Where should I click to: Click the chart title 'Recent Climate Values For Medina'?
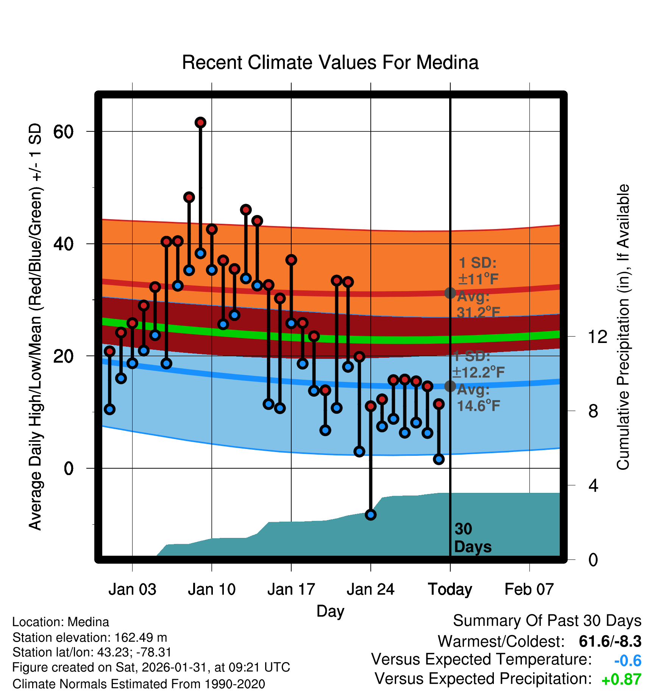(x=330, y=62)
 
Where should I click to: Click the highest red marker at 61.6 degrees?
(x=200, y=122)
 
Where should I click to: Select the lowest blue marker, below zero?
(x=371, y=514)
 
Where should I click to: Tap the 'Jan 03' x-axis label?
(x=132, y=589)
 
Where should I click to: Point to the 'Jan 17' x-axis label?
(x=291, y=589)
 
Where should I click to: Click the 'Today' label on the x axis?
(x=450, y=589)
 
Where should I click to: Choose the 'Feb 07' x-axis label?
(x=529, y=589)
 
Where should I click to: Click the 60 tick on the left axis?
(x=63, y=132)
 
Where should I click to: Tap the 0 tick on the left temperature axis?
(x=69, y=469)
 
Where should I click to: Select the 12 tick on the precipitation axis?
(x=597, y=337)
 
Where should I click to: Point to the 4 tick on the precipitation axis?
(x=593, y=485)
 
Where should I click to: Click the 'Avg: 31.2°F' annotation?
(x=478, y=304)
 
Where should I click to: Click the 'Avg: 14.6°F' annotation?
(x=478, y=398)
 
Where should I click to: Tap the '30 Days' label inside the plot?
(x=472, y=538)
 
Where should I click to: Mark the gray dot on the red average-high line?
(x=450, y=293)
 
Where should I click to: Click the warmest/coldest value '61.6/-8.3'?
(x=610, y=641)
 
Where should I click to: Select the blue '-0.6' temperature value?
(x=628, y=661)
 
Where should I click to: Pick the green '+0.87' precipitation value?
(x=621, y=680)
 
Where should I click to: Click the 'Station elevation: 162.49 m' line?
(x=90, y=637)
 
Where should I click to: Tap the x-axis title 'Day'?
(x=330, y=611)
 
